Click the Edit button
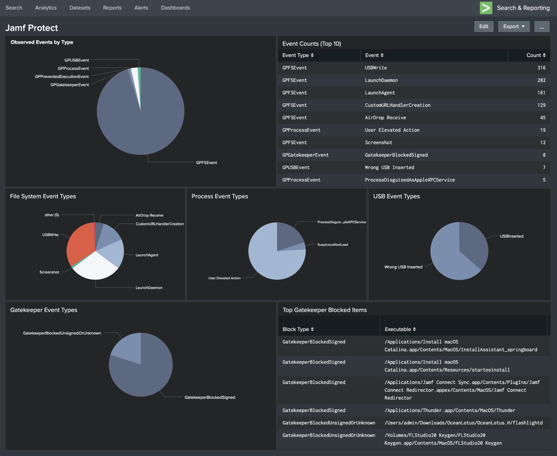point(483,26)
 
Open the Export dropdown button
point(514,26)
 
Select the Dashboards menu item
point(175,8)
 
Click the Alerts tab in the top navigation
point(141,8)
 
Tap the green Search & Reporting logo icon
point(486,8)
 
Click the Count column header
point(536,55)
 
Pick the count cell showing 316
point(541,68)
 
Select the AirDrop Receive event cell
point(385,118)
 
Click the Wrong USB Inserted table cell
point(389,168)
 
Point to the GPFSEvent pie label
point(206,163)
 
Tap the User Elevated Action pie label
point(224,278)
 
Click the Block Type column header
point(298,329)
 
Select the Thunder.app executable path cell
point(450,411)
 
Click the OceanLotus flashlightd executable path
point(463,423)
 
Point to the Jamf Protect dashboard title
point(32,28)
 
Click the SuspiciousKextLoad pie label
point(333,245)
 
